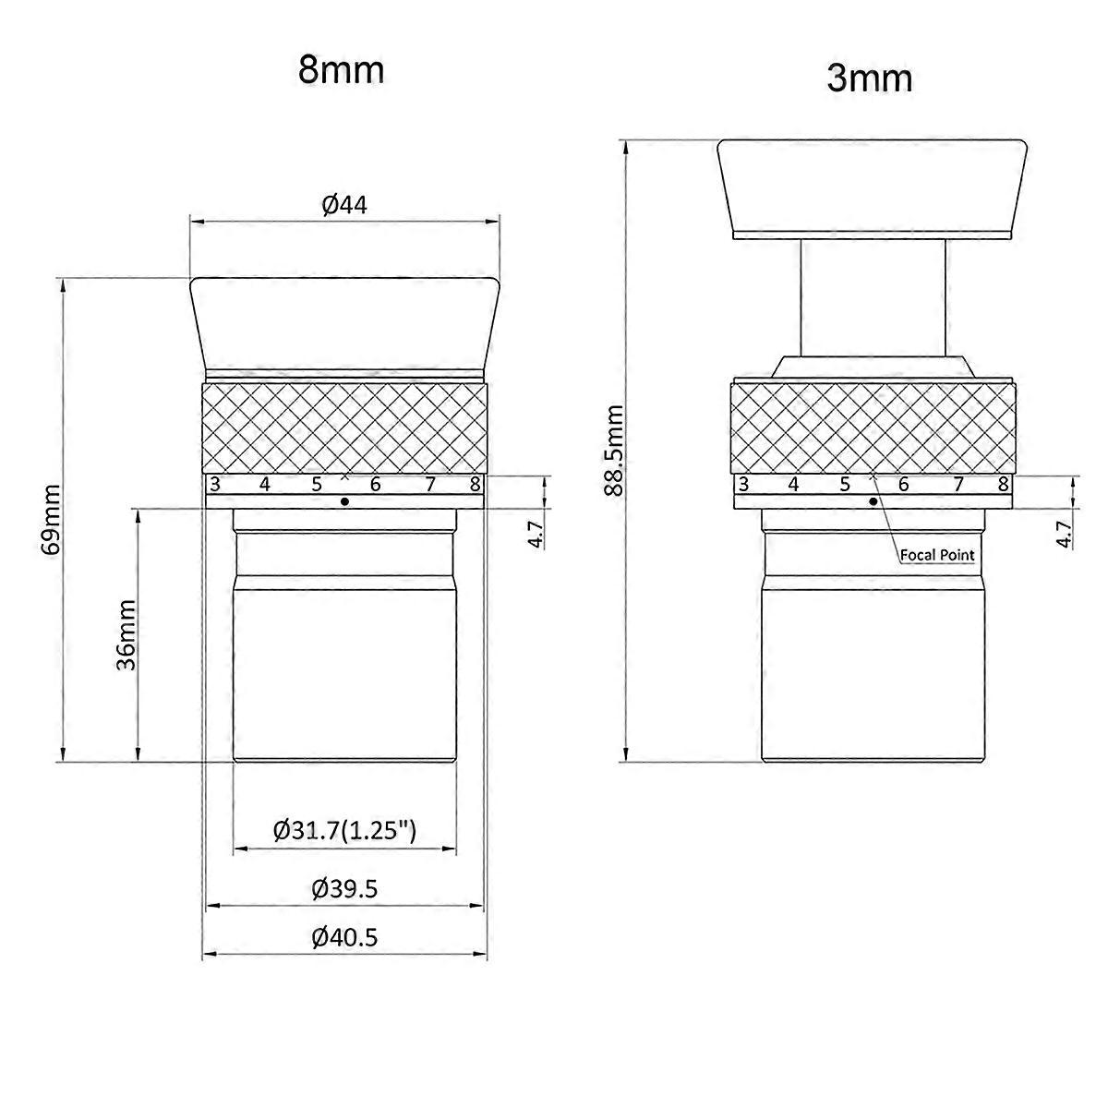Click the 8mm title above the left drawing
(341, 70)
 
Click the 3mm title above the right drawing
(870, 78)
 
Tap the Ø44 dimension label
(344, 205)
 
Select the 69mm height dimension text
(51, 520)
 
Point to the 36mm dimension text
(126, 634)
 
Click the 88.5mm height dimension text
(614, 451)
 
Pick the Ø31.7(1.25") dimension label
(344, 831)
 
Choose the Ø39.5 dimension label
(344, 889)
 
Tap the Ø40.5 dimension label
(344, 938)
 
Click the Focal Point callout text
(937, 555)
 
